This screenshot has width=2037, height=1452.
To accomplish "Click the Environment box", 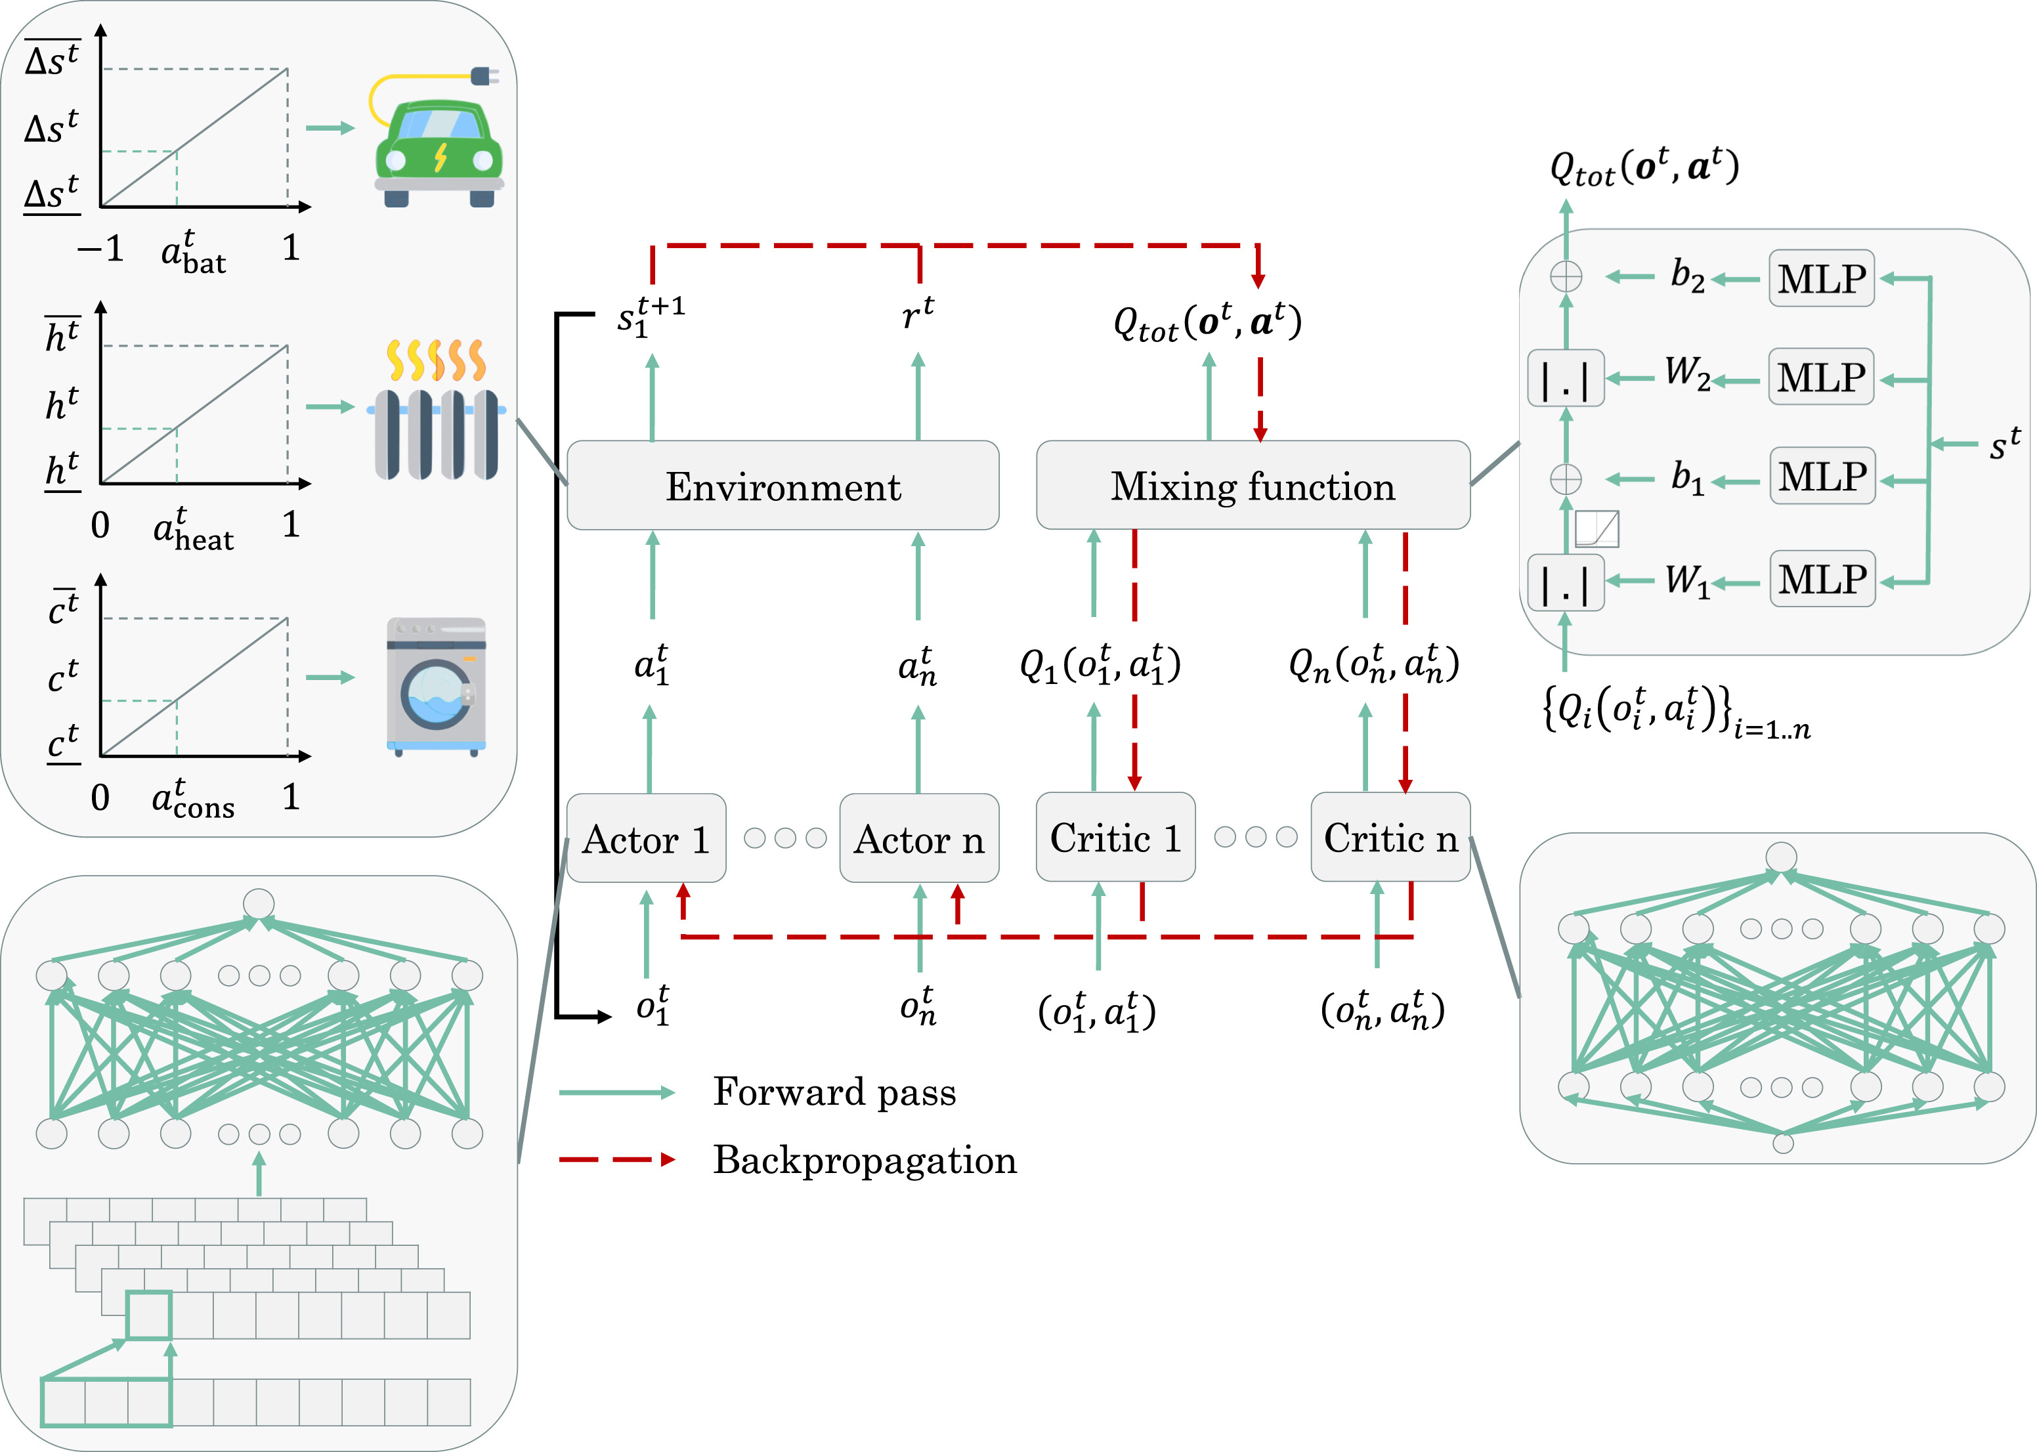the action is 783,486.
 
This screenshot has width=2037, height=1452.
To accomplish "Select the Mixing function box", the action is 1253,486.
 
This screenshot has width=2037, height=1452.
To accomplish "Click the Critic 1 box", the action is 1115,838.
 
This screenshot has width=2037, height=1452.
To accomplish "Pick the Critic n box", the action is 1390,838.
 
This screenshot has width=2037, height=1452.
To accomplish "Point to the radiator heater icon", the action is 437,410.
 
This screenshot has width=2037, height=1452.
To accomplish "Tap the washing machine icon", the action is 437,687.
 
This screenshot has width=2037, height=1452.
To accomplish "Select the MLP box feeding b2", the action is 1822,278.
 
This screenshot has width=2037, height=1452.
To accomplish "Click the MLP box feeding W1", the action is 1822,578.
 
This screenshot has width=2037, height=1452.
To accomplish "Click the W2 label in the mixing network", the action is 1687,373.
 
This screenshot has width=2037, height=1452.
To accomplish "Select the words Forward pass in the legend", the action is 834,1092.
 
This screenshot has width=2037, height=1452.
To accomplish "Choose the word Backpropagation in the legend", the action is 865,1161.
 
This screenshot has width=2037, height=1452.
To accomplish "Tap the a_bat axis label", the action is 193,251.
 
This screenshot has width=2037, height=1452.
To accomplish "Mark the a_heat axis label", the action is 193,528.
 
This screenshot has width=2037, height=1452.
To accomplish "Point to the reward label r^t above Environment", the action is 918,313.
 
